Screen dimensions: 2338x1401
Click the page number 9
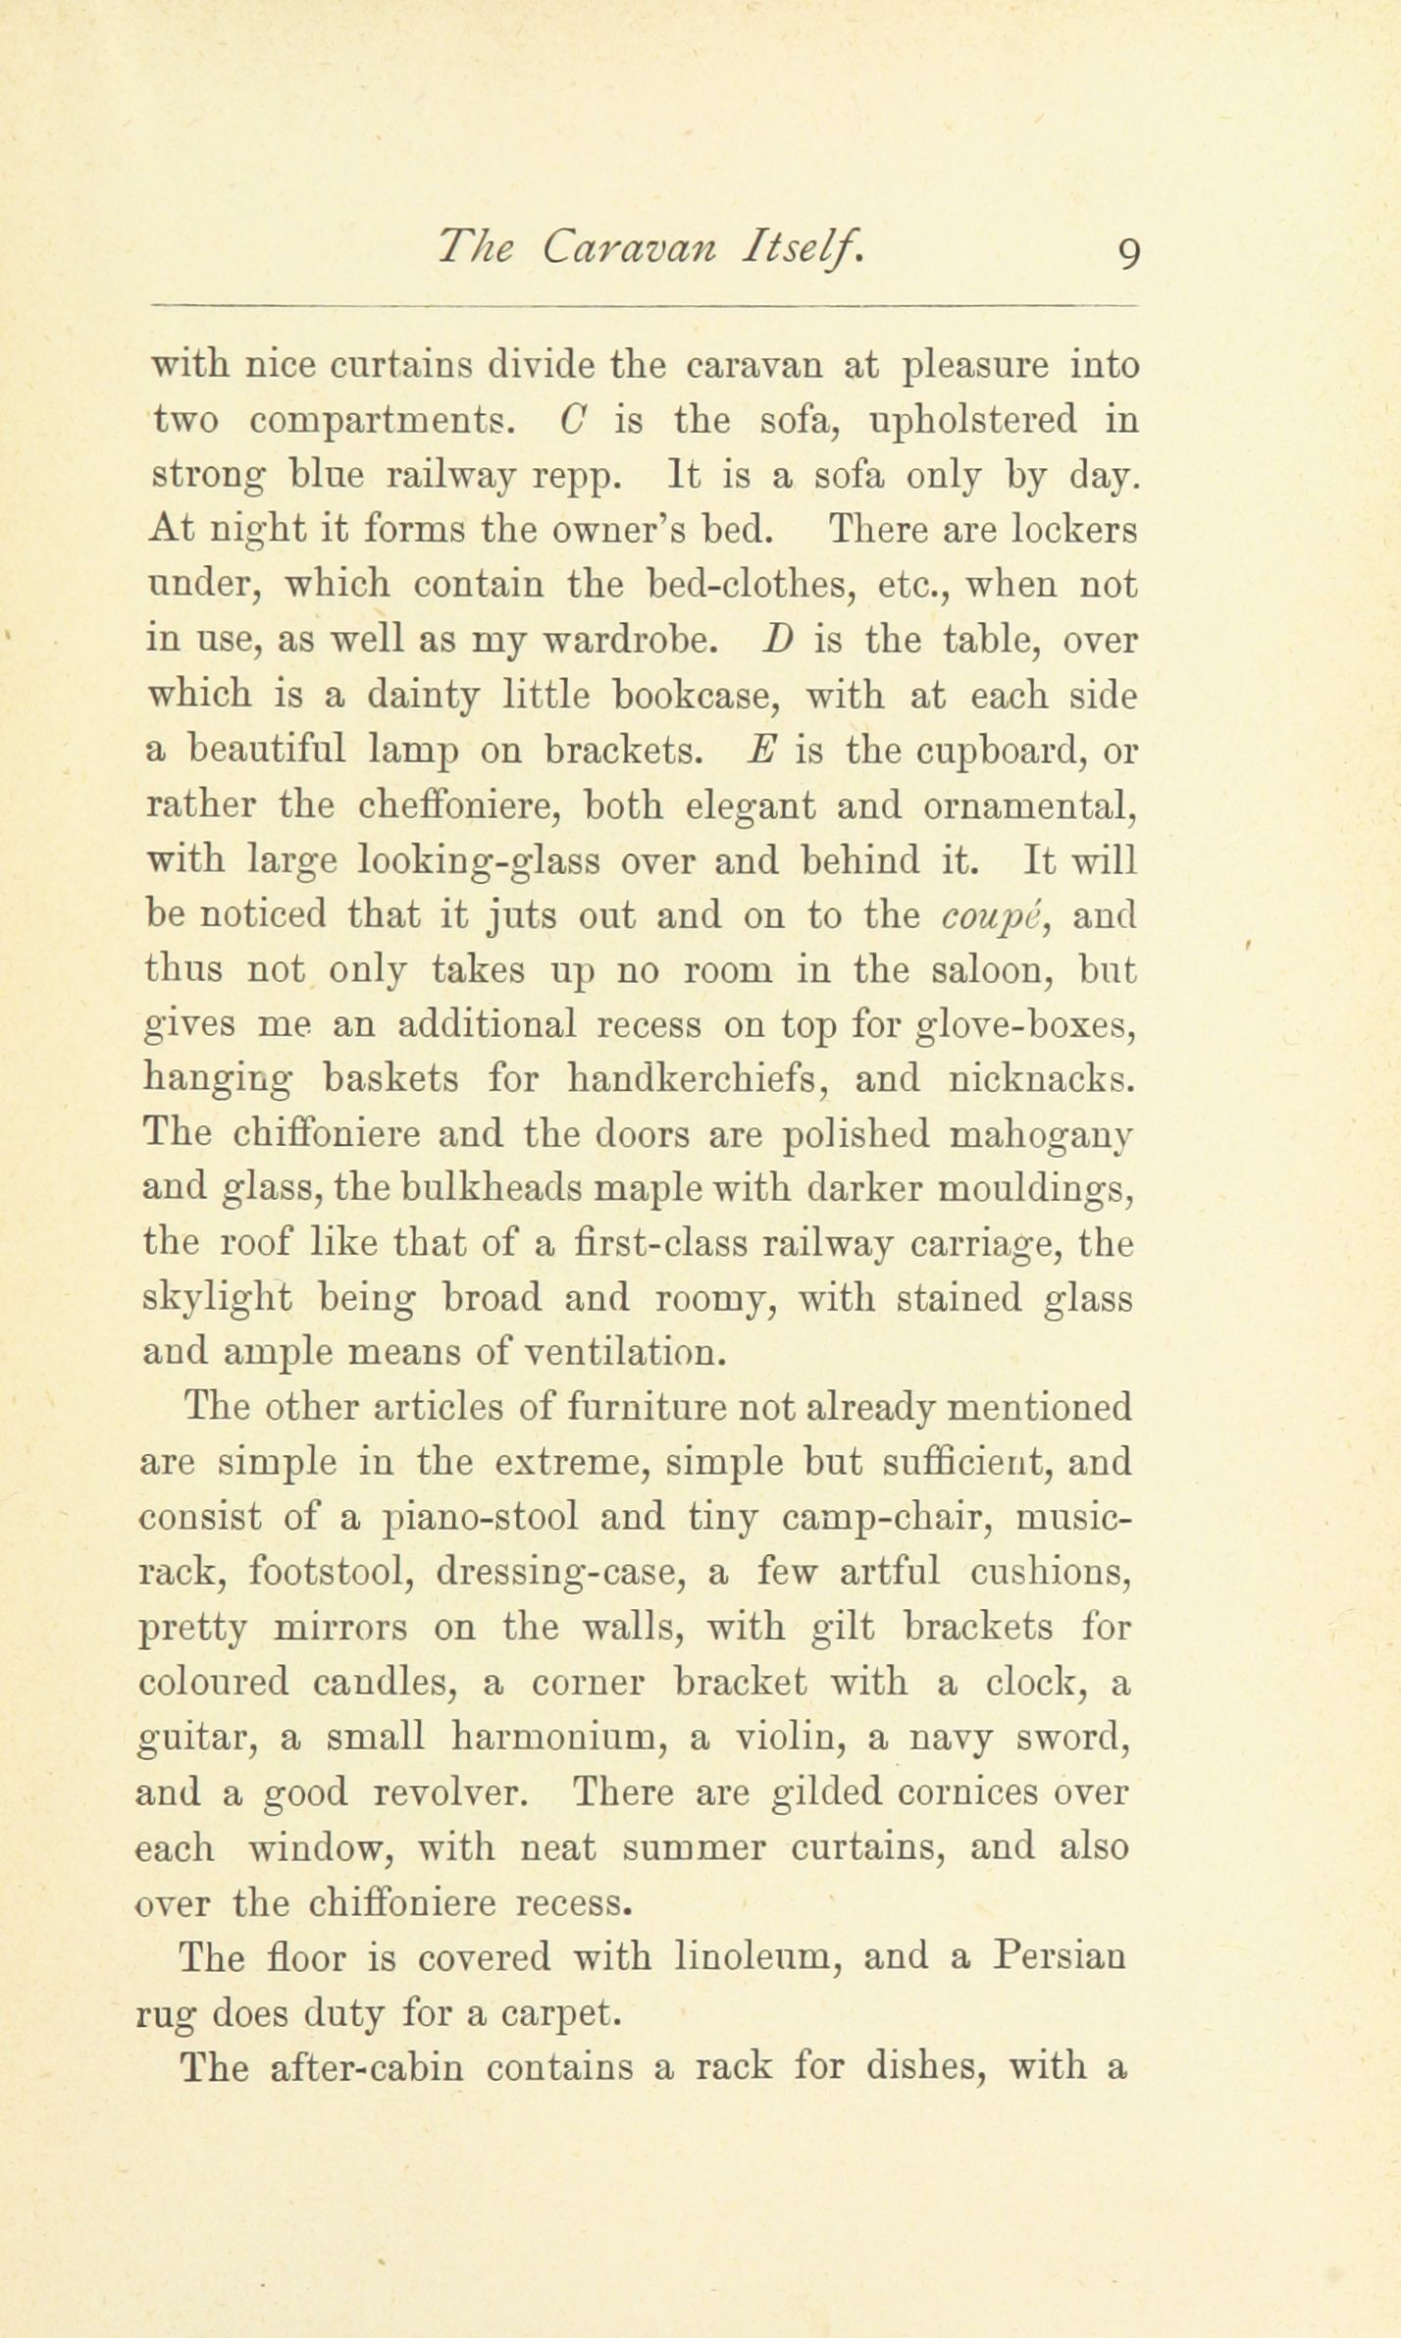pyautogui.click(x=1127, y=254)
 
